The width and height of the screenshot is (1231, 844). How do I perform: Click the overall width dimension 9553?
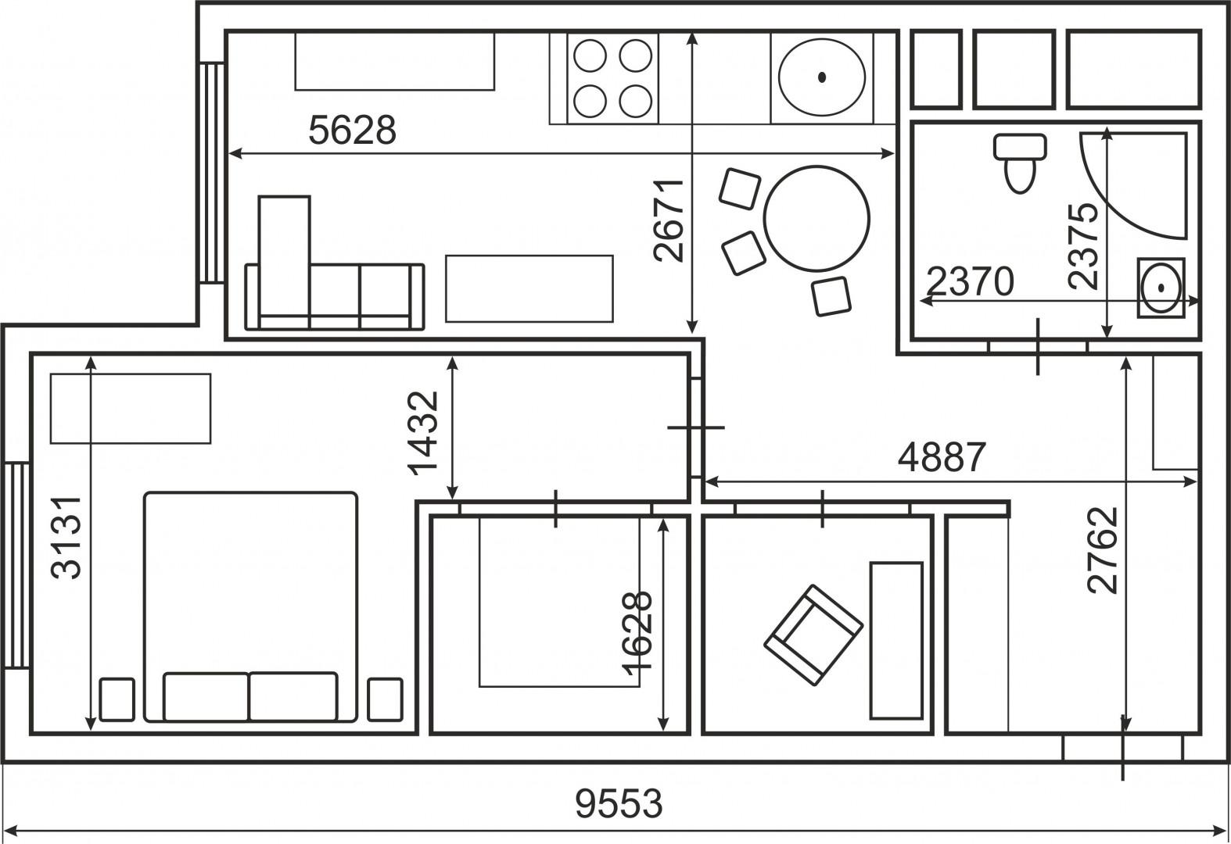pyautogui.click(x=619, y=804)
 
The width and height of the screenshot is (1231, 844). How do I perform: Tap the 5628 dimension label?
pyautogui.click(x=352, y=131)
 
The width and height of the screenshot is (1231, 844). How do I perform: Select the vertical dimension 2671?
pyautogui.click(x=669, y=220)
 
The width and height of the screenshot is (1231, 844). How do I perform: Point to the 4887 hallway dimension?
pyautogui.click(x=942, y=457)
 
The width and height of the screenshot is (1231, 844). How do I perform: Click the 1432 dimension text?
pyautogui.click(x=423, y=431)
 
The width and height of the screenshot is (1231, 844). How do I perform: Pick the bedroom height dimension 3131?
pyautogui.click(x=66, y=538)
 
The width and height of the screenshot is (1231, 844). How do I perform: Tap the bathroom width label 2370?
pyautogui.click(x=970, y=281)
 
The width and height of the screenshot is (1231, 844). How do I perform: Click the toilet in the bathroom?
pyautogui.click(x=1019, y=163)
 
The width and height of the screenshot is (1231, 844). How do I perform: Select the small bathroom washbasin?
pyautogui.click(x=1161, y=288)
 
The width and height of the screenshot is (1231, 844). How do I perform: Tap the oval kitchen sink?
pyautogui.click(x=822, y=77)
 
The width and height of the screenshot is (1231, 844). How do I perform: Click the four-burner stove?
pyautogui.click(x=612, y=78)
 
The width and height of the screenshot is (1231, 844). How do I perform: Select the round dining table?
pyautogui.click(x=816, y=219)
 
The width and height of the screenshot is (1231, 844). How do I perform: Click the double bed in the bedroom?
pyautogui.click(x=250, y=606)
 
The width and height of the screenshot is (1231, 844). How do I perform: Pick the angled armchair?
pyautogui.click(x=813, y=635)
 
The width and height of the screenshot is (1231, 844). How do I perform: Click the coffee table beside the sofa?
pyautogui.click(x=529, y=289)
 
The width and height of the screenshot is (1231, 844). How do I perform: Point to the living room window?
pyautogui.click(x=212, y=173)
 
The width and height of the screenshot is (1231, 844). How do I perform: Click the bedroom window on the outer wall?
pyautogui.click(x=16, y=566)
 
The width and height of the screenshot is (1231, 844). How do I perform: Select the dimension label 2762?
pyautogui.click(x=1103, y=550)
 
